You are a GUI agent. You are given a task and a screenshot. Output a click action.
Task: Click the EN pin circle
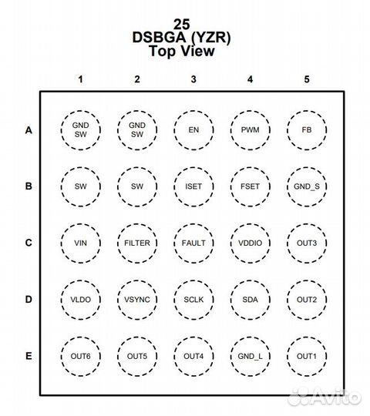193,130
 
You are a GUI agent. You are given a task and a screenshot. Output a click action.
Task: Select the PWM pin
251,130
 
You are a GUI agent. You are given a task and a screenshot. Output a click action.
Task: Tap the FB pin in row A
307,130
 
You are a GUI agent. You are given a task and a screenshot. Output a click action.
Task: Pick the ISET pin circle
193,186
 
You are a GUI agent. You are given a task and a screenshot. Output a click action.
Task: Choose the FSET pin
251,186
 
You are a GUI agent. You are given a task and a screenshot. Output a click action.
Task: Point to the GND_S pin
307,186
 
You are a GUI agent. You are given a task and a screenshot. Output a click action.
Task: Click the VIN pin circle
81,243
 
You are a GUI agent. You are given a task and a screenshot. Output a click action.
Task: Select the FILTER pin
137,243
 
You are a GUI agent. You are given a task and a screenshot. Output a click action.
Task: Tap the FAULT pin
193,243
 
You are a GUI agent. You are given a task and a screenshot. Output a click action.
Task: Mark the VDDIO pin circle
251,243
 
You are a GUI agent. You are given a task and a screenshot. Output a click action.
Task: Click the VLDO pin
81,300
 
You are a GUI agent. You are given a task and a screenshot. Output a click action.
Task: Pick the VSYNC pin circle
137,300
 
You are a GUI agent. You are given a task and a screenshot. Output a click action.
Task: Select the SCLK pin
193,300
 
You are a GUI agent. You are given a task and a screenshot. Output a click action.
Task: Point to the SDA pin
251,300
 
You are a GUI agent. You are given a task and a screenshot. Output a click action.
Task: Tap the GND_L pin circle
251,357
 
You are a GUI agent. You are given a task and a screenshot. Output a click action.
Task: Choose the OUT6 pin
81,357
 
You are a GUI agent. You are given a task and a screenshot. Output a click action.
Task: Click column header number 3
193,79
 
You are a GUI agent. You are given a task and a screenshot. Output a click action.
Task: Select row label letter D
29,300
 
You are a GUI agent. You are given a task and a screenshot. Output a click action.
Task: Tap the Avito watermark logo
325,398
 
